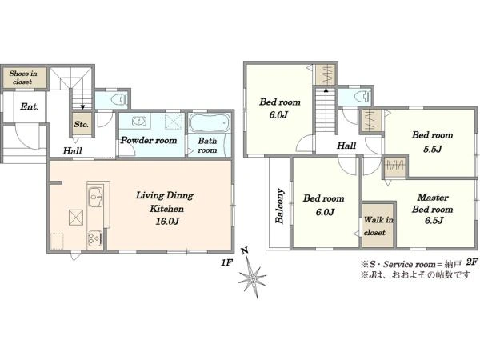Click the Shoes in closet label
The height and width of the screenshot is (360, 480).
tap(23, 78)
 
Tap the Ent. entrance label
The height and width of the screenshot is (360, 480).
tap(30, 107)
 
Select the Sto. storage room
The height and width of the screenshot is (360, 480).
tap(82, 124)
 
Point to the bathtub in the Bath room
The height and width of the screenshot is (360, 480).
tap(210, 122)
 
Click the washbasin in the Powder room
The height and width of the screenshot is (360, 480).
tap(141, 122)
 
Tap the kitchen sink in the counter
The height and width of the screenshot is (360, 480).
tap(96, 195)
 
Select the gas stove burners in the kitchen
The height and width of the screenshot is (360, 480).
tap(95, 238)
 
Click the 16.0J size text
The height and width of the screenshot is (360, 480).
tap(167, 222)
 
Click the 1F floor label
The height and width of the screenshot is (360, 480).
tap(227, 262)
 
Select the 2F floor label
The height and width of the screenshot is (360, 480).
tap(472, 262)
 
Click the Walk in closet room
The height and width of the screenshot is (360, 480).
tap(378, 225)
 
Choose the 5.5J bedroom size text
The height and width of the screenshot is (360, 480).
tap(433, 149)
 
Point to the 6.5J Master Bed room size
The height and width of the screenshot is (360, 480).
tap(434, 220)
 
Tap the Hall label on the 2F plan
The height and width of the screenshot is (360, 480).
tap(346, 146)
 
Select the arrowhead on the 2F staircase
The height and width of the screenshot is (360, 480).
tap(326, 90)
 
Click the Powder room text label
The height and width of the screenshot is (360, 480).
tap(149, 141)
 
